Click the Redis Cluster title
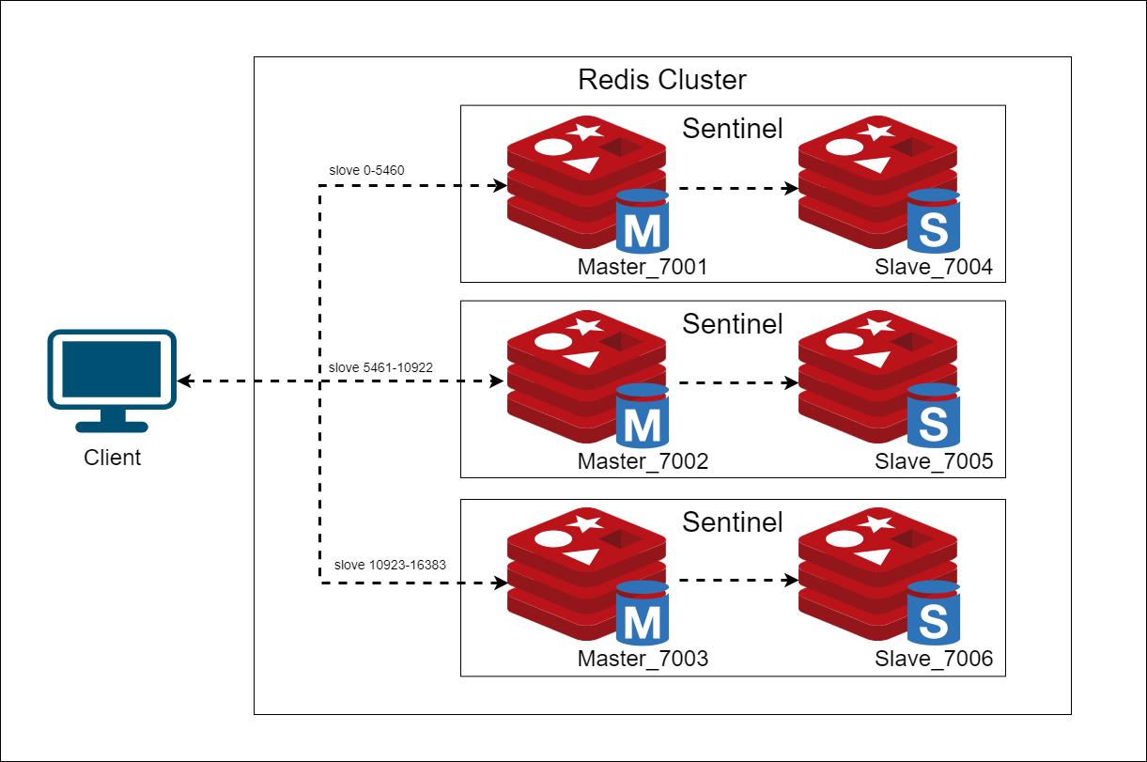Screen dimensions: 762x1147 tap(661, 80)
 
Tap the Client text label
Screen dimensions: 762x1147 tap(112, 458)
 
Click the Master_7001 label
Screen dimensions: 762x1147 tap(642, 268)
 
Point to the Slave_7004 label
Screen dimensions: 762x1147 tap(933, 268)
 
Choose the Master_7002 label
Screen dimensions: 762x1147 tap(642, 462)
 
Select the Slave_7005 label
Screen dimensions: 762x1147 tap(933, 462)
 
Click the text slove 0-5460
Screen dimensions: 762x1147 tap(366, 171)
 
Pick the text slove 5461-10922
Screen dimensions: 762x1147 tap(380, 367)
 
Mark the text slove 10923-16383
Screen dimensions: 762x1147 tap(389, 566)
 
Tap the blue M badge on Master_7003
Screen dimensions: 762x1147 tap(643, 615)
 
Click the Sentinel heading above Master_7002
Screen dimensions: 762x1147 tap(732, 324)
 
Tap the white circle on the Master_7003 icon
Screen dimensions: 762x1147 tap(552, 539)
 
